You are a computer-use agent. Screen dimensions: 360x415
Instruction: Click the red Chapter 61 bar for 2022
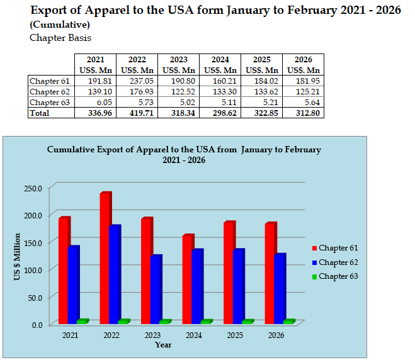(105, 258)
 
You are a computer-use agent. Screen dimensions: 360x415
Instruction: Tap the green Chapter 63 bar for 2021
(82, 322)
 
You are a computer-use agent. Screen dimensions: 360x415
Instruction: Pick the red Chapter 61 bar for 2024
(188, 279)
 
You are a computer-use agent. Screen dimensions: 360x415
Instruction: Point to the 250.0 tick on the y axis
(33, 188)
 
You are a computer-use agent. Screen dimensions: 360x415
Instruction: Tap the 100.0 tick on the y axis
(33, 270)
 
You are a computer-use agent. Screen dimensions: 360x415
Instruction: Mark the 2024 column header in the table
(220, 59)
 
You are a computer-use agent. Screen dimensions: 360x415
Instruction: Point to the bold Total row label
(40, 113)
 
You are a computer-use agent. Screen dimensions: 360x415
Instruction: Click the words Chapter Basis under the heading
(60, 38)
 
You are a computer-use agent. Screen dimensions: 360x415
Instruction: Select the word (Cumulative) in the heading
(59, 25)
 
